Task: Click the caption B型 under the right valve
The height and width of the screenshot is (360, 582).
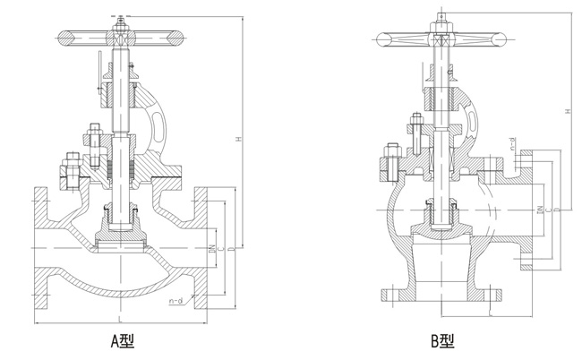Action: (441, 340)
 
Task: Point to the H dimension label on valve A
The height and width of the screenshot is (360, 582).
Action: (238, 139)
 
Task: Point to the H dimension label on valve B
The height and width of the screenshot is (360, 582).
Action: (567, 111)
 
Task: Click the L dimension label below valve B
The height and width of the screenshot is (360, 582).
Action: (492, 311)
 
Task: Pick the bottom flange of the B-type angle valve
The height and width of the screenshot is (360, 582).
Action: (439, 295)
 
